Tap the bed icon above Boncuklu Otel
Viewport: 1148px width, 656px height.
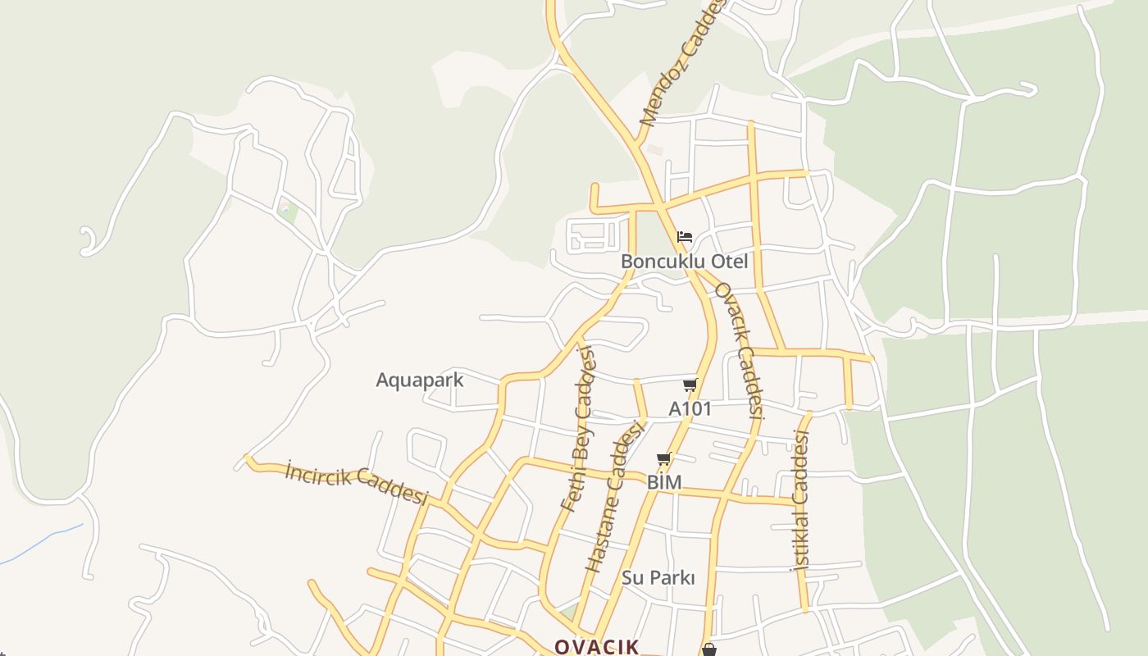685,238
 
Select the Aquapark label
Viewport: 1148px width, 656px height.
419,380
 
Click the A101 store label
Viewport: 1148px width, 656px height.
690,408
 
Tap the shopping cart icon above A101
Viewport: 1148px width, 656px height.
690,385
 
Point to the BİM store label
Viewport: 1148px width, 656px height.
664,482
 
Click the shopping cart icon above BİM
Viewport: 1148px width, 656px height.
664,459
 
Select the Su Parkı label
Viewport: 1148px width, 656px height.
658,578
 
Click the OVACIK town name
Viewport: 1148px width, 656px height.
596,647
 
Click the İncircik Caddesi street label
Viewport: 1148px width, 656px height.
357,484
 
